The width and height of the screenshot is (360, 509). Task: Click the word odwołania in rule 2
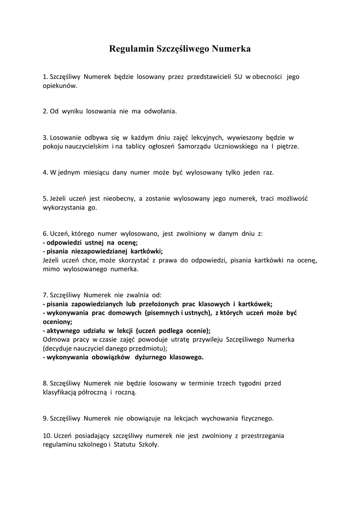[160, 111]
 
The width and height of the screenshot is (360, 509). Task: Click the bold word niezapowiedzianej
[96, 251]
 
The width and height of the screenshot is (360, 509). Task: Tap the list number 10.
[47, 436]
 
